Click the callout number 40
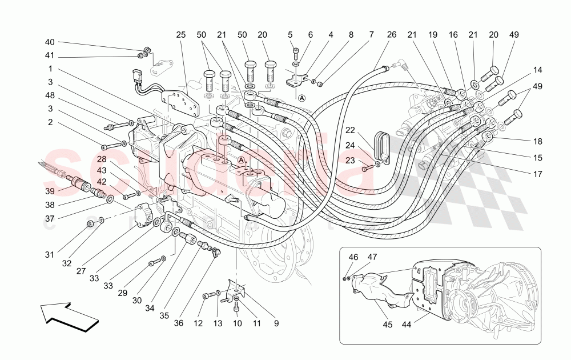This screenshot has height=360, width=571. pos(50,42)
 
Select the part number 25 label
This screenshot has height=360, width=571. pos(181,35)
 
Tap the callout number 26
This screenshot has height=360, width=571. pos(391,35)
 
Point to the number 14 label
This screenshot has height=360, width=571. pos(537,70)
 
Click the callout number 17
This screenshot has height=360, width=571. pos(537,174)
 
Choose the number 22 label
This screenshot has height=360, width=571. pos(350,131)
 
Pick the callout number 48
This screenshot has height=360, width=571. pos(50,95)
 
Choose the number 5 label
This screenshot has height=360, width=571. pos(290,35)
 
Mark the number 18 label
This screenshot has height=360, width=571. pos(537,141)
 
